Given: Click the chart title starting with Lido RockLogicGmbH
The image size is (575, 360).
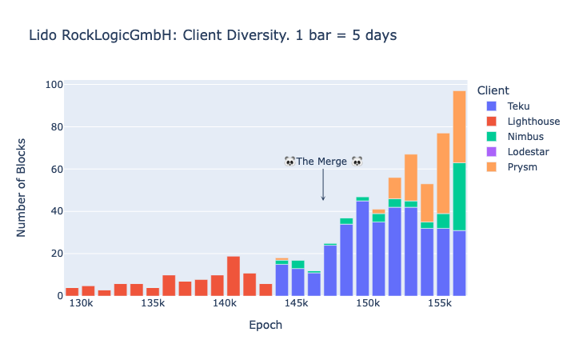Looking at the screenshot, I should coord(213,36).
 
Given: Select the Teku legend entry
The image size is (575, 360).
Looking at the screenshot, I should coord(518,106).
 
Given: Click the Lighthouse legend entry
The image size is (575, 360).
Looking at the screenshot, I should coord(533,122).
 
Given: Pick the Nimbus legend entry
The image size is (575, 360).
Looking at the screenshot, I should coord(525,137).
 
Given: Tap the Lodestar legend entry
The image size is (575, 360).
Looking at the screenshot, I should coord(527,152).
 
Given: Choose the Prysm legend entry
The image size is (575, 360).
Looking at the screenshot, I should coord(521,167).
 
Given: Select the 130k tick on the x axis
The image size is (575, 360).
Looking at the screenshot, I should coord(81,305).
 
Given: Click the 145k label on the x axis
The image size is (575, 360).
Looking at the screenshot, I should coord(296,305).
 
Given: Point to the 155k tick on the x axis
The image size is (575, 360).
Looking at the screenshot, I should coord(440,305).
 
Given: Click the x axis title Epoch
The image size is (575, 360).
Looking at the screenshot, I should coord(265,326).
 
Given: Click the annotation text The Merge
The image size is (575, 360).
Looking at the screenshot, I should coord(322,162).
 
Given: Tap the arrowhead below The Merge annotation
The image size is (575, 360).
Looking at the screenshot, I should coord(323,198).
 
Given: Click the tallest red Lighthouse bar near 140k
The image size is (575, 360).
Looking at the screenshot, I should coord(234,275).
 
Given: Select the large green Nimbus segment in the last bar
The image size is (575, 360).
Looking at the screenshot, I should coord(459,196).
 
